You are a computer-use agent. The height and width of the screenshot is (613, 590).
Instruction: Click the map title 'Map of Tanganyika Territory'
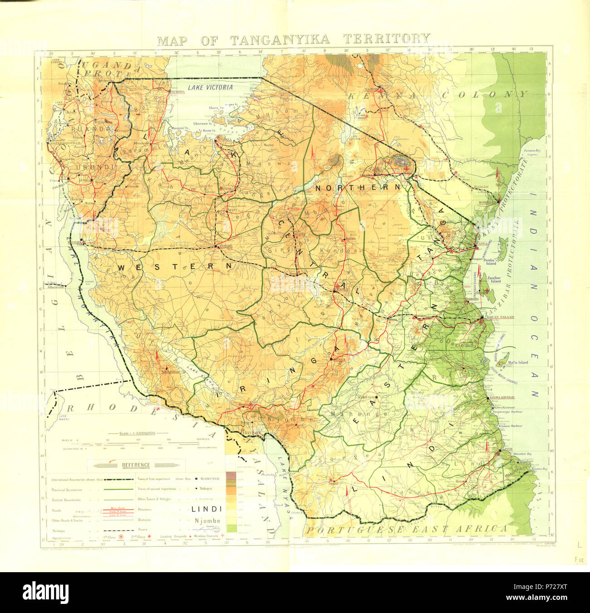click(294, 39)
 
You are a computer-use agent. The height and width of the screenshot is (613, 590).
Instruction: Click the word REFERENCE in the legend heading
click(135, 465)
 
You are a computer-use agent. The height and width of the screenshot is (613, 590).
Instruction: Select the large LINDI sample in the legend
click(206, 509)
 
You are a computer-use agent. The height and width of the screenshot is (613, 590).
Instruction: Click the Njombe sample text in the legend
click(207, 520)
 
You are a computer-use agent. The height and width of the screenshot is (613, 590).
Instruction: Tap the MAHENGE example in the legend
click(211, 479)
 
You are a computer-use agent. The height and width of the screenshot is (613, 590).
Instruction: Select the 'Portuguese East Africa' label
click(406, 529)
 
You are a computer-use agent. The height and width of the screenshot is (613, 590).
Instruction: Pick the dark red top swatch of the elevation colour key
click(231, 475)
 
